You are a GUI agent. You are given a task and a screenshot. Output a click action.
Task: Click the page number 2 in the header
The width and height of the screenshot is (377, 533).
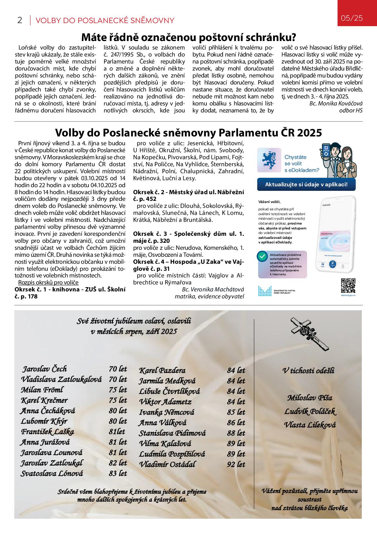(20, 20)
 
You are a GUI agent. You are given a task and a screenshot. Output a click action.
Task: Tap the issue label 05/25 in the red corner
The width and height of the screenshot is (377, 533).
(352, 18)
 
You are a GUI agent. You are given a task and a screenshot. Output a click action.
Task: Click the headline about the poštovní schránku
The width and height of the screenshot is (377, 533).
(188, 38)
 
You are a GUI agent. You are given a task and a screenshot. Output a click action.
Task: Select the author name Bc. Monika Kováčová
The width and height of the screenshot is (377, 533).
(336, 103)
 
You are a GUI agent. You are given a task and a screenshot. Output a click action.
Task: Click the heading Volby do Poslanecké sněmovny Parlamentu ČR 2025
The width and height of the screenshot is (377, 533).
(188, 132)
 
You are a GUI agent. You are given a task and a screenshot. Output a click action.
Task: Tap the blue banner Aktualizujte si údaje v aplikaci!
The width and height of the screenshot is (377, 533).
(306, 184)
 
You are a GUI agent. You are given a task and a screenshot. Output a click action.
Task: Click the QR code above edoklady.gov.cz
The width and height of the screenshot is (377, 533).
(348, 285)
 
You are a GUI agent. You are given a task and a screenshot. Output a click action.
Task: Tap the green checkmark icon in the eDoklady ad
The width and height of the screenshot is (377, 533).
(261, 256)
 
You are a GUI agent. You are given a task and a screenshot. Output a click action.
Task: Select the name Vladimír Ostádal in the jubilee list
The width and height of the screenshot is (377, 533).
(167, 464)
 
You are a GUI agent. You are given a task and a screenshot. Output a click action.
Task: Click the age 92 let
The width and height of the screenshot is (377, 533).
(236, 464)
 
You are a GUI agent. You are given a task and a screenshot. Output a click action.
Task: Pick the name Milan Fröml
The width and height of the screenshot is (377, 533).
(42, 390)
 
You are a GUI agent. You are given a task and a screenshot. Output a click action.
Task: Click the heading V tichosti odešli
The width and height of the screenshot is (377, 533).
(308, 370)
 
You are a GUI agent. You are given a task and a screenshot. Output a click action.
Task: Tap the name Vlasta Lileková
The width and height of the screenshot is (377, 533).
(310, 425)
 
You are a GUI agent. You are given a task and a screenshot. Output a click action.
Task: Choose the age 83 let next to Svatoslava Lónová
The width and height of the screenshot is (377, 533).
(118, 473)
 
